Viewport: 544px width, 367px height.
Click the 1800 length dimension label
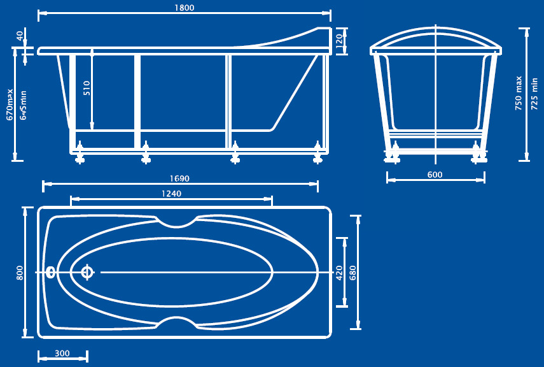(x=185, y=8)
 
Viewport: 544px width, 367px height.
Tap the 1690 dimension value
(x=179, y=178)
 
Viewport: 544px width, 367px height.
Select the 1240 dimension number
(x=171, y=194)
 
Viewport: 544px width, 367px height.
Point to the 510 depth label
(x=87, y=88)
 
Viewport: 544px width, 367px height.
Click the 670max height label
(x=10, y=104)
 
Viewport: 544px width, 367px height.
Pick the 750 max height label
(x=519, y=93)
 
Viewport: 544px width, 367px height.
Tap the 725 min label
(x=534, y=94)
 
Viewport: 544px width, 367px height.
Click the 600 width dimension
(x=435, y=175)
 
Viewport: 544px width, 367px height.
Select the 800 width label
(x=20, y=273)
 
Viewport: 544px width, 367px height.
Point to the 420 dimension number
(x=339, y=273)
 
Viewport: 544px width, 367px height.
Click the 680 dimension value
(x=353, y=273)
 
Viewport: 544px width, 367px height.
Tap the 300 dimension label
(x=62, y=354)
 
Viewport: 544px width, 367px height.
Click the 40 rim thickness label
(x=20, y=36)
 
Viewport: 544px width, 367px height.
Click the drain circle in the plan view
(x=87, y=272)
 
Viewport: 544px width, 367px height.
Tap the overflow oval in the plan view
(x=51, y=273)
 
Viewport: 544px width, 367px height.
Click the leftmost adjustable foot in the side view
(x=80, y=153)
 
